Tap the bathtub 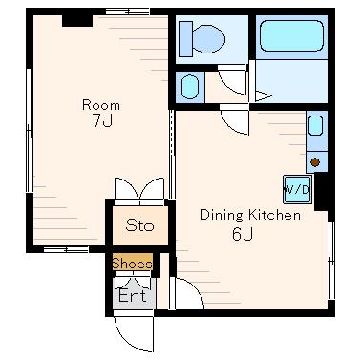(x=291, y=35)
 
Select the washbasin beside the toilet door (x=190, y=87)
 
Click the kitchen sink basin (x=316, y=126)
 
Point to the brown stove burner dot (x=315, y=162)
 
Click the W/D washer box (x=297, y=190)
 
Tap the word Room (x=101, y=105)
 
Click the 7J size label (x=102, y=120)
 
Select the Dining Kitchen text (x=250, y=215)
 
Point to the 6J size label (x=243, y=235)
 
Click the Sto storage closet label (x=139, y=225)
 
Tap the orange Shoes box (x=133, y=263)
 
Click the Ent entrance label (x=133, y=296)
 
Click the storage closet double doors (x=139, y=192)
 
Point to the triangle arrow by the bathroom (x=263, y=96)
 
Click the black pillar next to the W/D (x=321, y=192)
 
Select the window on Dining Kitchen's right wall (x=331, y=261)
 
